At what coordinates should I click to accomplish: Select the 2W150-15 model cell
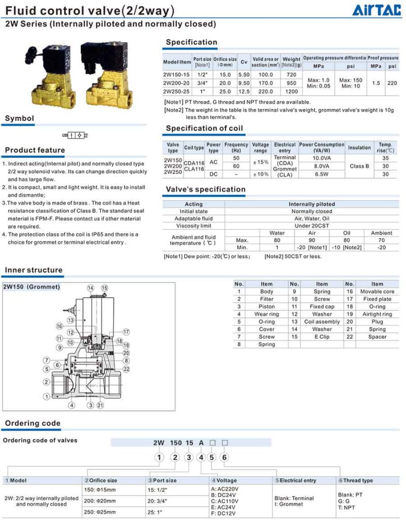pos(176,75)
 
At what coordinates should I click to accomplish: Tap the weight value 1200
pos(292,91)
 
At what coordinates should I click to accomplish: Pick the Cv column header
pos(244,62)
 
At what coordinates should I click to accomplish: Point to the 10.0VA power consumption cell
pos(321,158)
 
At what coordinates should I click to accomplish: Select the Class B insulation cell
pos(359,166)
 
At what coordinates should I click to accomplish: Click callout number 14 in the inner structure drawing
pos(90,288)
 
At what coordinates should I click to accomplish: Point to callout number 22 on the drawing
pos(126,369)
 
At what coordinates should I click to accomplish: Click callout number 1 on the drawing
pos(47,396)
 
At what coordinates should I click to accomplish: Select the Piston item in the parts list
pos(266,307)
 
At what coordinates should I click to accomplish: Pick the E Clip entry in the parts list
pos(322,337)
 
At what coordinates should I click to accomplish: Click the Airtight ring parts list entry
pos(377,314)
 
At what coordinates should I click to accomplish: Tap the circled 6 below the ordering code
pos(225,457)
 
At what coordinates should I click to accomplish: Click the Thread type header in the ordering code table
pos(358,480)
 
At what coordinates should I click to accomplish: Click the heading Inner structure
pos(34,270)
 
